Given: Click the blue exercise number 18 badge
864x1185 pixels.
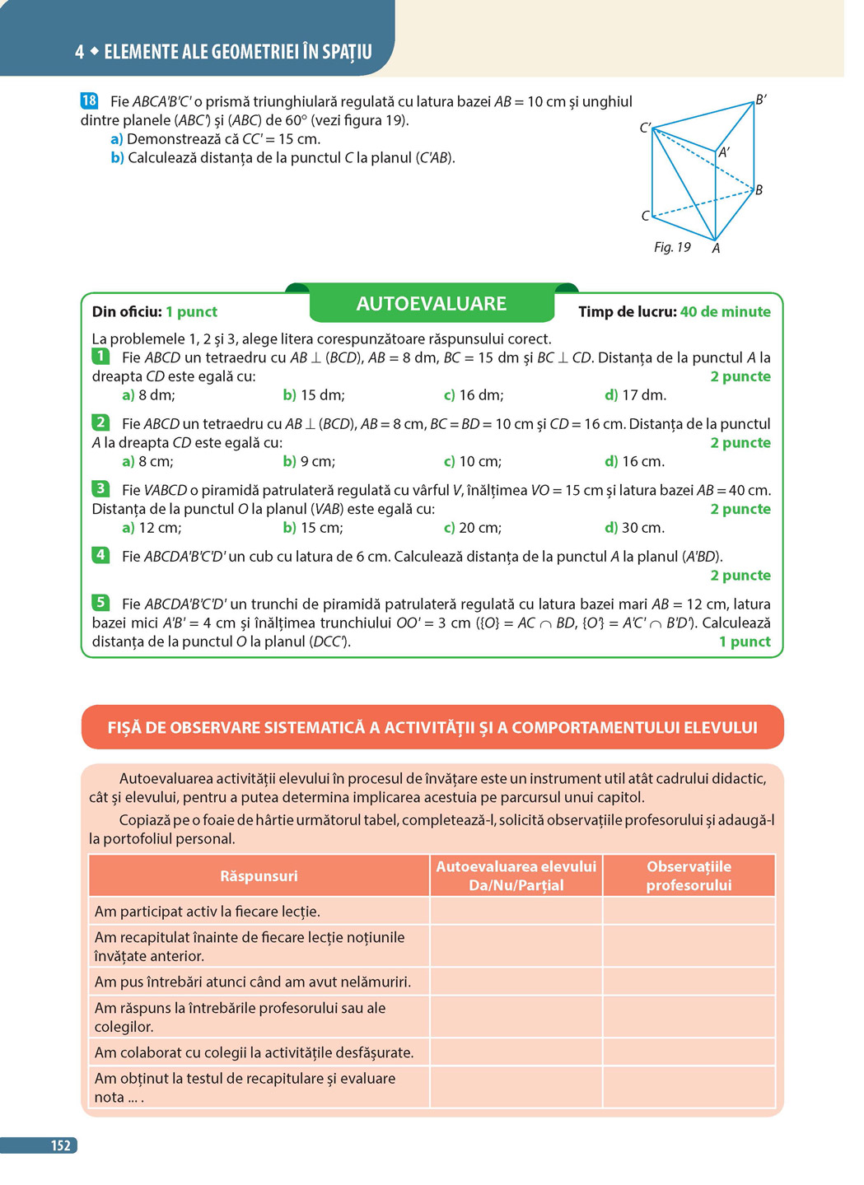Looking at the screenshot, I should coord(89,100).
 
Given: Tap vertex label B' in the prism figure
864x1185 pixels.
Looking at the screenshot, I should coord(761,100).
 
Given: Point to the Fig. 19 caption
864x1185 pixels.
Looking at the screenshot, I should coord(672,247).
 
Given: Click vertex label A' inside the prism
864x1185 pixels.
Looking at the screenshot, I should coord(724,152).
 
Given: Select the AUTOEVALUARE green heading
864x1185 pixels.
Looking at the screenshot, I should coord(432,304).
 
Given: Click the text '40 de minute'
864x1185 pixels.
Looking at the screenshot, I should coord(726,311).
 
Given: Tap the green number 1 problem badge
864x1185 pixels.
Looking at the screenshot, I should coord(100,357).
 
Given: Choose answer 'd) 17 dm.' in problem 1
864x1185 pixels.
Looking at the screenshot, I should coord(635,395).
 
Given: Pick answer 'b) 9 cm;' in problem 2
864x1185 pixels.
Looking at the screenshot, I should coord(309,461).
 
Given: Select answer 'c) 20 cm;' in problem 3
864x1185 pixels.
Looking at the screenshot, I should coord(472,528).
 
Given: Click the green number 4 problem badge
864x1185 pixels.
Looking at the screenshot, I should coord(100,555).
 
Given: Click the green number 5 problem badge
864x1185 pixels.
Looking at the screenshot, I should coord(100,603).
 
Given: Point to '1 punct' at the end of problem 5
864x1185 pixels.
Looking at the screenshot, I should coord(745,641).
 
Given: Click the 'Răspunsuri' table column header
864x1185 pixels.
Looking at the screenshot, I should coord(259,875).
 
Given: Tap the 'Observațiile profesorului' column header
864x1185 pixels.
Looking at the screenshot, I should coord(689,875).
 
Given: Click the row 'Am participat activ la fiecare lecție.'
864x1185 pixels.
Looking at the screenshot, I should coord(208,912).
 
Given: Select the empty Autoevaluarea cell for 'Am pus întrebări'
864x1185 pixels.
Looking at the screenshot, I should coord(516,982).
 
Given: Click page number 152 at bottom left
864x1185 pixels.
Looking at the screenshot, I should coord(60,1145).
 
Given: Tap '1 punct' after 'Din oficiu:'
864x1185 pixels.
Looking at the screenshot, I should coord(191,311).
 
